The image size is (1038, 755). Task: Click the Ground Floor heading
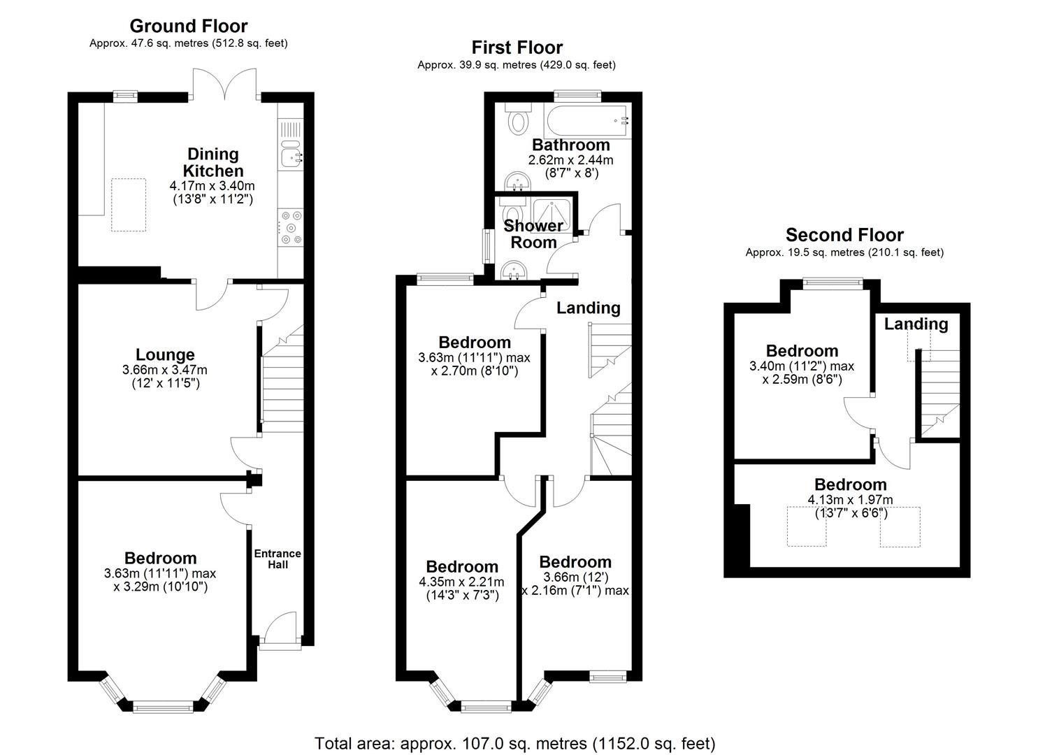pos(188,26)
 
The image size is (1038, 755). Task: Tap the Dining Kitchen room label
pos(213,162)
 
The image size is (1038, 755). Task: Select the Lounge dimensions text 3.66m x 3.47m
pos(166,370)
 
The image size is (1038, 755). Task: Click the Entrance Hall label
pos(277,559)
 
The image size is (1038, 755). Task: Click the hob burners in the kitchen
pos(291,228)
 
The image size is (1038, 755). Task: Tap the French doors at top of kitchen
pos(225,84)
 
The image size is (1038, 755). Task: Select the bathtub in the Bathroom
pos(587,121)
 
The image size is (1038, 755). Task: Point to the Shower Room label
pos(533,234)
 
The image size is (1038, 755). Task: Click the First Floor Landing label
pos(588,308)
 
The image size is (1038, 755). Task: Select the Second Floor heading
pos(844,235)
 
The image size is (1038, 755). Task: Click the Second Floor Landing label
pos(916,324)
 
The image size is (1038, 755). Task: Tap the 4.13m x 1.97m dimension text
pos(850,500)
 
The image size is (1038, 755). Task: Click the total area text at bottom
pos(515,743)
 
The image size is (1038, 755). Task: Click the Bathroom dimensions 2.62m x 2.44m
pos(571,160)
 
